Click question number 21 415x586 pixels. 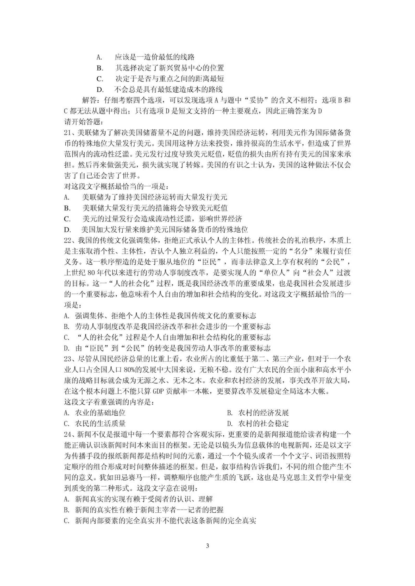pos(67,133)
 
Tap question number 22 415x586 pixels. pos(67,240)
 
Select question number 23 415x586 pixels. pos(67,359)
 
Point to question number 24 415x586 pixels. pos(67,434)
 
